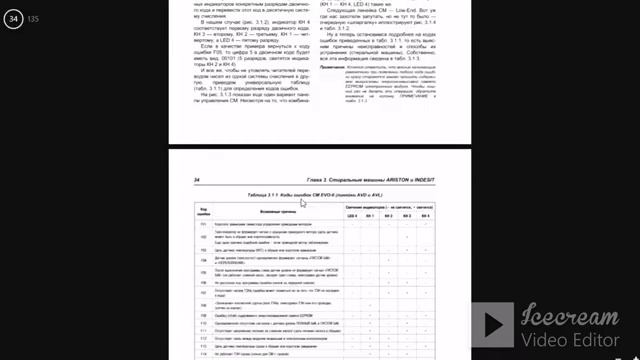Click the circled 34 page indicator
(x=14, y=17)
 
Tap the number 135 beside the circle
(x=34, y=19)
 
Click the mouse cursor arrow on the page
(x=303, y=202)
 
